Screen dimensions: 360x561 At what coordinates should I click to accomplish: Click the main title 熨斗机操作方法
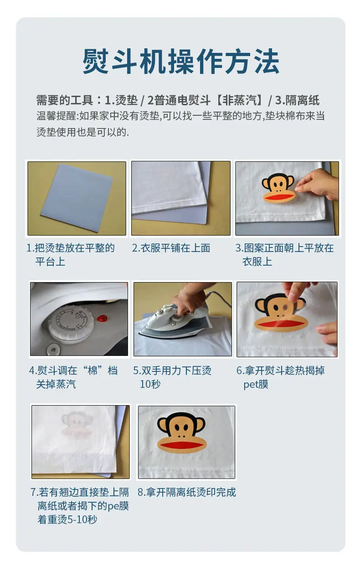(x=181, y=61)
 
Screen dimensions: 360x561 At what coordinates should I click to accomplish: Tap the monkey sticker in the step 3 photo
(x=278, y=188)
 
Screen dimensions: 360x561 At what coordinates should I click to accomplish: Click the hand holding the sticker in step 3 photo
(x=318, y=184)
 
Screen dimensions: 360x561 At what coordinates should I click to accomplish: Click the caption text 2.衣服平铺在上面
(x=171, y=248)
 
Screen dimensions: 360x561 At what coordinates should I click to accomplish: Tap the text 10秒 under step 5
(x=150, y=384)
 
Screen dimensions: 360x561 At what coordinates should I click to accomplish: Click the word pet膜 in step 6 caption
(x=256, y=384)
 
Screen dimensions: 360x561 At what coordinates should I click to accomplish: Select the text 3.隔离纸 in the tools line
(x=297, y=100)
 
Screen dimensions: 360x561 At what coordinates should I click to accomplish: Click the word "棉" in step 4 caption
(x=93, y=370)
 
